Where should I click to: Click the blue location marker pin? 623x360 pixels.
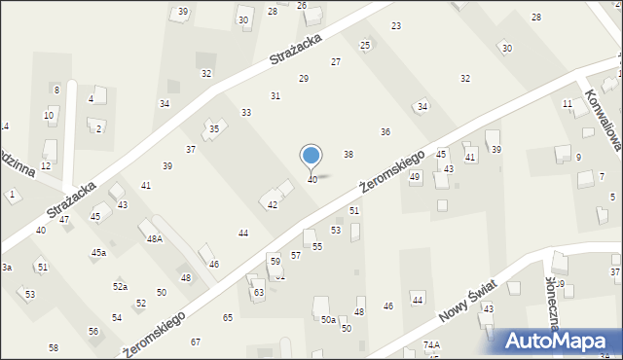point(311,157)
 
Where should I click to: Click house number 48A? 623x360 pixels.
point(155,238)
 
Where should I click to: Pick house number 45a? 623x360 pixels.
point(98,253)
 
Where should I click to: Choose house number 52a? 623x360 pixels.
point(120,287)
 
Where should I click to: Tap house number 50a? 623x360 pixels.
point(329,319)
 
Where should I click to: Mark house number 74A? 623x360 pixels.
point(432,345)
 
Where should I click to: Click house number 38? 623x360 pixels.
point(348,155)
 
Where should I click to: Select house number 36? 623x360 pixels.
point(385,131)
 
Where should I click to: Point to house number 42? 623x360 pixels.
point(273,204)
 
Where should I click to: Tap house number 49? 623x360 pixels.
point(415,176)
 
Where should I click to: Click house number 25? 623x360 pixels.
point(365,45)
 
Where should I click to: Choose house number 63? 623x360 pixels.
point(259,292)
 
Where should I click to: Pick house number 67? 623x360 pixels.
point(196,342)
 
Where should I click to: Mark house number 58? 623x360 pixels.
point(54,347)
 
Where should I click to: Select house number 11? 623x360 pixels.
point(568,103)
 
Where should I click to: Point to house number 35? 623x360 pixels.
point(214,128)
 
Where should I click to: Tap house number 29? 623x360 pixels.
point(304,78)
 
